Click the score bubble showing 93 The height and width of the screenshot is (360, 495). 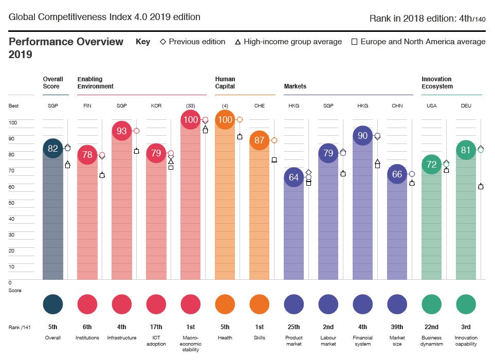point(122,131)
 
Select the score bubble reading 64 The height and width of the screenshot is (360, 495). point(294,177)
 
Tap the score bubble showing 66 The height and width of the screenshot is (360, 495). point(397,174)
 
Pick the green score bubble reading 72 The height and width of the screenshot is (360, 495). point(431,165)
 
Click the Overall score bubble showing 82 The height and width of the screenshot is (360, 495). point(53,149)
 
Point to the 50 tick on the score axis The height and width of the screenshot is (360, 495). point(11,203)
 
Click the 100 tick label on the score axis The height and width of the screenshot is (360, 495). point(13,122)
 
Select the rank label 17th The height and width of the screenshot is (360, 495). point(156,327)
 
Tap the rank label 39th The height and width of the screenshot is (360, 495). point(397,327)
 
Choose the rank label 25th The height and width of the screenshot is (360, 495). point(294,327)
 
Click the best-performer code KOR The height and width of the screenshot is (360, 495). point(156,105)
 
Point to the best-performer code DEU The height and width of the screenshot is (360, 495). point(466,105)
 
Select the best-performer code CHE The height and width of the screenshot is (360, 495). point(259,105)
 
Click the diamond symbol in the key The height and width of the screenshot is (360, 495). point(163,42)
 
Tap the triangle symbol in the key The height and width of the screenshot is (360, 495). point(238,42)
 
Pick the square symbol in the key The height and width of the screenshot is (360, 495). point(354,42)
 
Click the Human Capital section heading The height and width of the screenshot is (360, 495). point(225,83)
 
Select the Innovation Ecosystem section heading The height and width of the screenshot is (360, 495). point(436,83)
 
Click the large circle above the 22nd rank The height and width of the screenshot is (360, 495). point(431,303)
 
